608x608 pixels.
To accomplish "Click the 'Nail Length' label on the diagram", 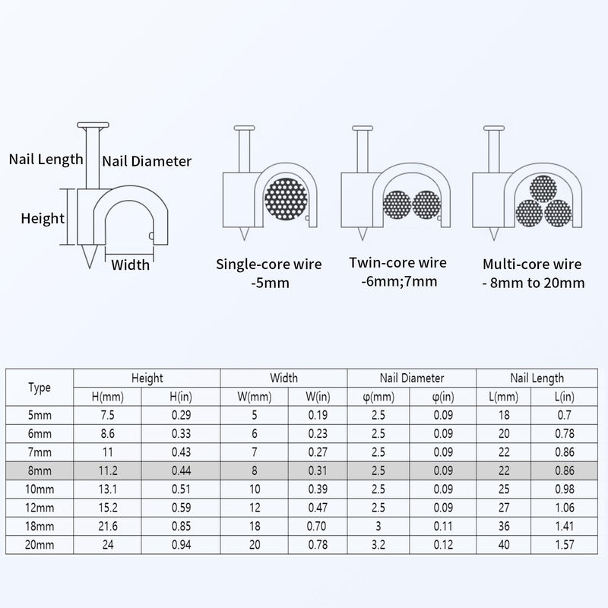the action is pyautogui.click(x=46, y=160).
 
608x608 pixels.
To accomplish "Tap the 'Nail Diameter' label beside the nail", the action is pyautogui.click(x=147, y=161).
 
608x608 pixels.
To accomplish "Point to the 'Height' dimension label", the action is pyautogui.click(x=43, y=219).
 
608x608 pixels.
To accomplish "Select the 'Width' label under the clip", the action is pyautogui.click(x=130, y=264).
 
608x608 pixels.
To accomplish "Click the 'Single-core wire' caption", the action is pyautogui.click(x=269, y=264).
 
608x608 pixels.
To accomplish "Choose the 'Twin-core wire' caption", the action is pyautogui.click(x=397, y=262).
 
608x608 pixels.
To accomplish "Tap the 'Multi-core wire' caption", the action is pyautogui.click(x=532, y=264).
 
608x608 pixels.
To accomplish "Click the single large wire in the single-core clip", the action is pyautogui.click(x=286, y=199).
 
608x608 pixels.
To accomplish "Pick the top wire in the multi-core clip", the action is pyautogui.click(x=543, y=188).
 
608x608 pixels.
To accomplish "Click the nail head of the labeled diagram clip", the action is pyautogui.click(x=93, y=125).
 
